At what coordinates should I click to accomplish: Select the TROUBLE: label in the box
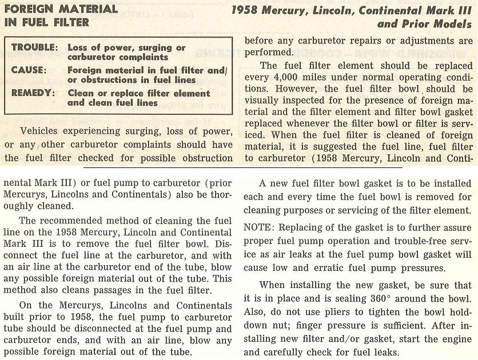tap(34, 47)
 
